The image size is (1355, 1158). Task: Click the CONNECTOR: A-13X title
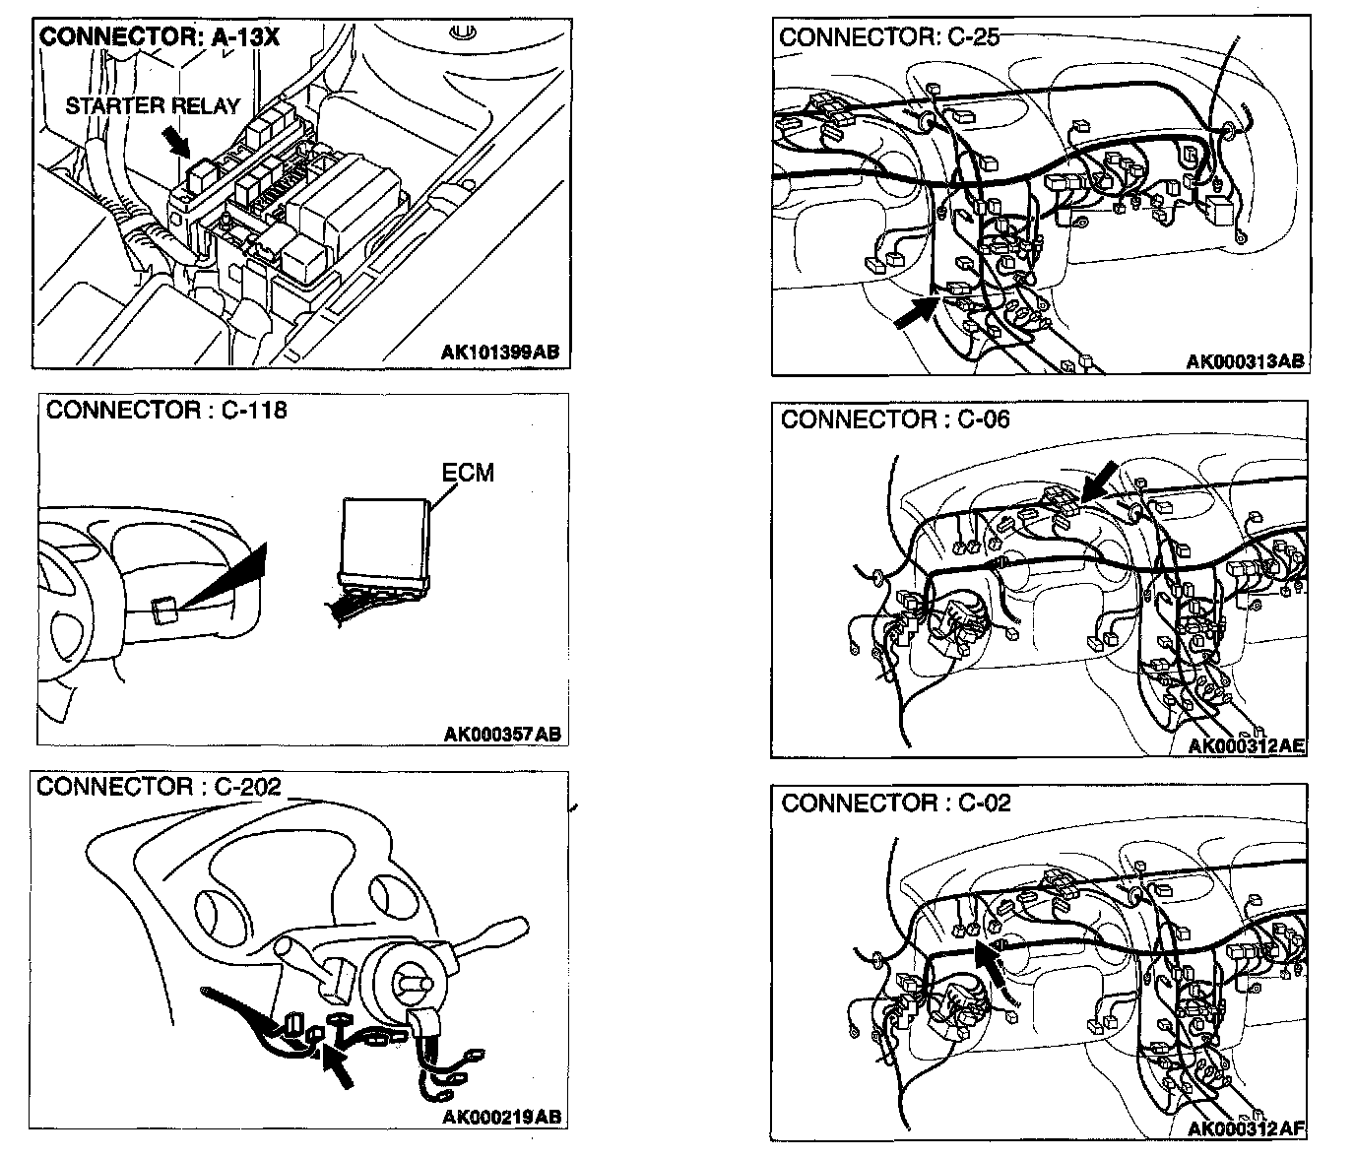160,38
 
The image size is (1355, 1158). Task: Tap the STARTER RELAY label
153,105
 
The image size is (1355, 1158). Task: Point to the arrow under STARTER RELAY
178,144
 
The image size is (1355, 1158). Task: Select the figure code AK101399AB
503,352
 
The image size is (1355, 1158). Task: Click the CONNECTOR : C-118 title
166,411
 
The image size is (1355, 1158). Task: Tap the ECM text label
468,473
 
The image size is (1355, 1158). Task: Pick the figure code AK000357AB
502,734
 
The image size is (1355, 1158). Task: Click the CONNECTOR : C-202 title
159,787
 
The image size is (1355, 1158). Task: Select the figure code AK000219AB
502,1117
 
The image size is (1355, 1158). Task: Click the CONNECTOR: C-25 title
888,37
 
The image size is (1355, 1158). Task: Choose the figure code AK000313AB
1245,361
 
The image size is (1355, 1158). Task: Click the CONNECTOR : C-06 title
895,419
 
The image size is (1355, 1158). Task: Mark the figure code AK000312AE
1247,745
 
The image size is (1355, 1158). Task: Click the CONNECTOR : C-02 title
896,803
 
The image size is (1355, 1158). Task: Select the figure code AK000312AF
1247,1128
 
